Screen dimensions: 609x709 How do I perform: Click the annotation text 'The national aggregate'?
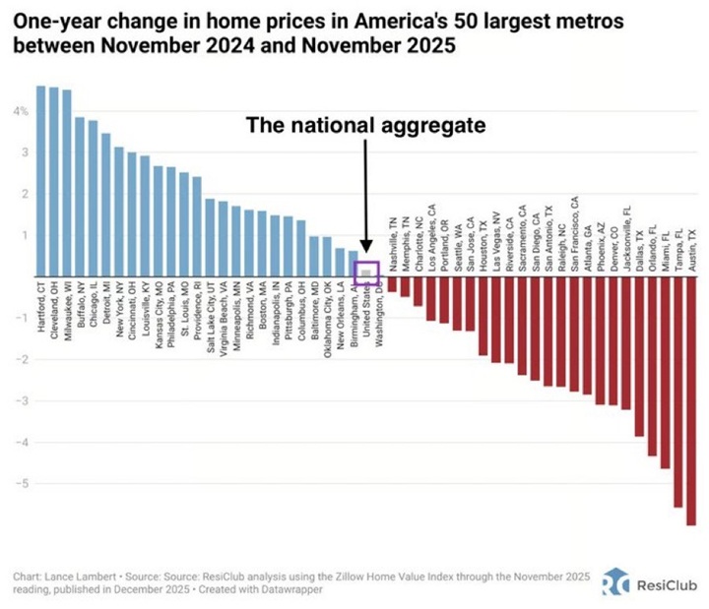(365, 126)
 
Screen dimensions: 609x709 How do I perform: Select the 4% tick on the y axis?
(19, 112)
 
